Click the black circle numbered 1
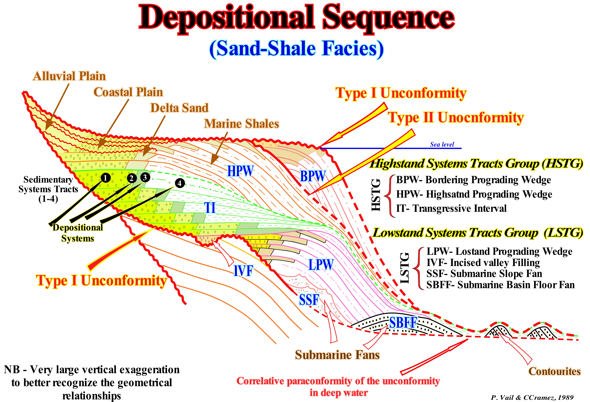click(x=105, y=178)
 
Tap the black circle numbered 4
click(x=180, y=183)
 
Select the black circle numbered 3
click(x=145, y=177)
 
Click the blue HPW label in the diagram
click(x=240, y=171)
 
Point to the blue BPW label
click(x=313, y=176)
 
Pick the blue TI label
click(x=210, y=208)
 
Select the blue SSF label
click(x=309, y=300)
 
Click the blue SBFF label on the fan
click(x=403, y=323)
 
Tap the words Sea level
click(x=442, y=144)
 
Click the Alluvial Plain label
click(x=69, y=76)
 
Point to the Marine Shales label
click(x=241, y=124)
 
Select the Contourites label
click(x=554, y=371)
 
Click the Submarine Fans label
click(x=337, y=355)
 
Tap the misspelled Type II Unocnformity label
click(x=456, y=118)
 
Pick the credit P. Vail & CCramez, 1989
click(x=532, y=397)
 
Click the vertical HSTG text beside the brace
click(x=376, y=195)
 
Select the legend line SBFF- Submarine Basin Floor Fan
click(x=500, y=285)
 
